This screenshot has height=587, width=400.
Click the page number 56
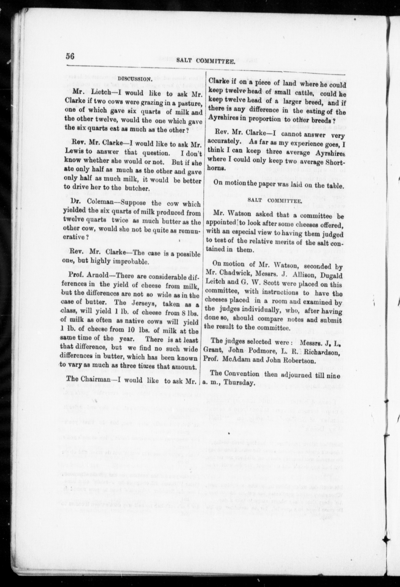70,56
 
